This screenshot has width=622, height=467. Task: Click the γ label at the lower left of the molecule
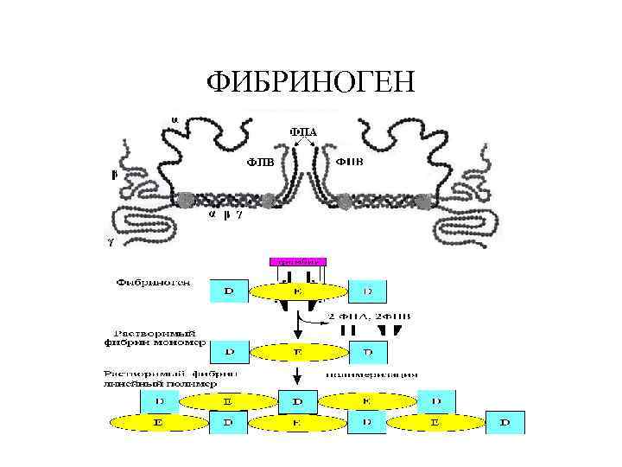coord(110,242)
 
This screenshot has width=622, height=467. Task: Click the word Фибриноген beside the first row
coord(156,282)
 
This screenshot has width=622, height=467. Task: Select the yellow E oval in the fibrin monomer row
coord(297,352)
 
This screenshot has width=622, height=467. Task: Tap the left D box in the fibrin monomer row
coord(228,352)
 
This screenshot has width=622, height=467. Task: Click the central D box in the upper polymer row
coord(297,401)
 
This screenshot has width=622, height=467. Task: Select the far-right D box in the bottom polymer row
coord(505,422)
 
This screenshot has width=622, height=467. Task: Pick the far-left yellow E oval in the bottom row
coord(157,422)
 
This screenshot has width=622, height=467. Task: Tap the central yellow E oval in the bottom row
coord(297,422)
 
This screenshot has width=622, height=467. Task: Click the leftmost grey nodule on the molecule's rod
coord(186,200)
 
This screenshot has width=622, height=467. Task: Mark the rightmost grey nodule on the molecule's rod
coord(422,201)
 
